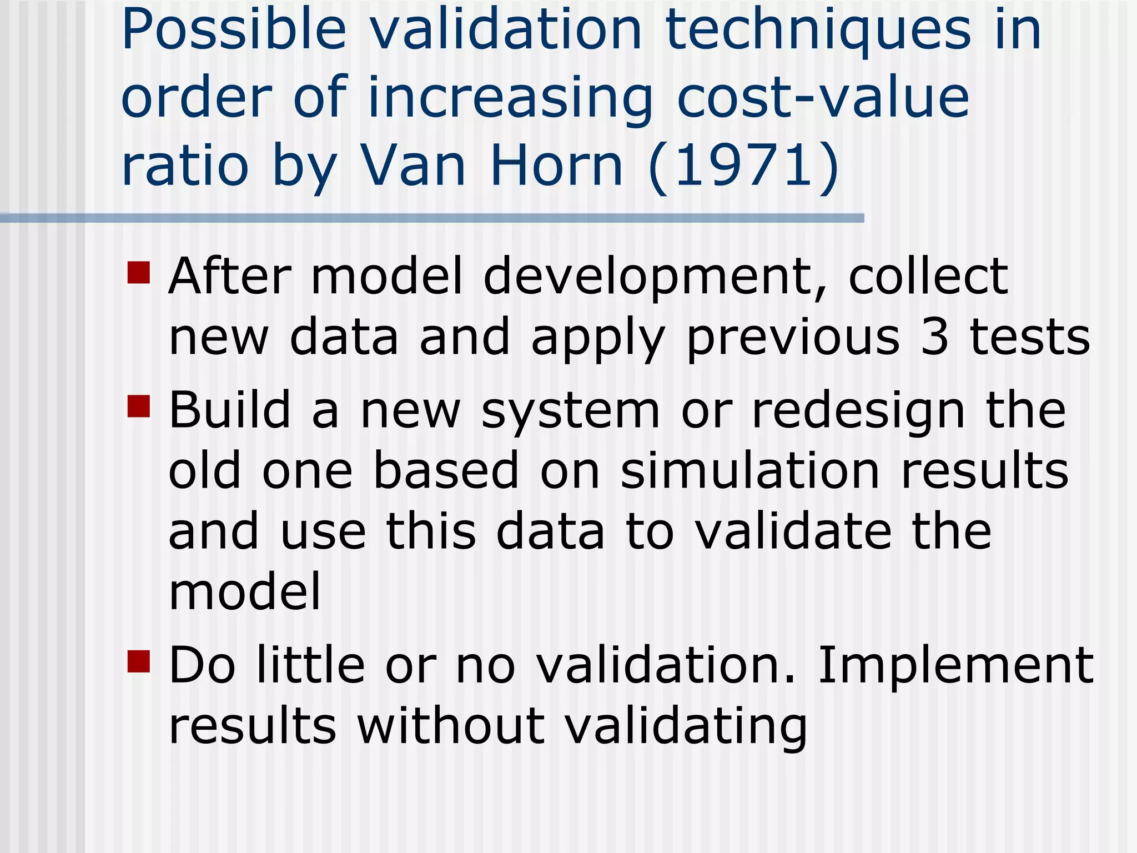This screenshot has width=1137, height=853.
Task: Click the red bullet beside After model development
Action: pyautogui.click(x=139, y=273)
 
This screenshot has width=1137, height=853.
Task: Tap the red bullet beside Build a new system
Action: pyautogui.click(x=139, y=406)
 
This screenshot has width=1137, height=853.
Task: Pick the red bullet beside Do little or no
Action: pyautogui.click(x=139, y=661)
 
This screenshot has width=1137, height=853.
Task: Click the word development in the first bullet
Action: pyautogui.click(x=655, y=278)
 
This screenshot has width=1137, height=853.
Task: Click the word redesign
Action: pyautogui.click(x=858, y=412)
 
